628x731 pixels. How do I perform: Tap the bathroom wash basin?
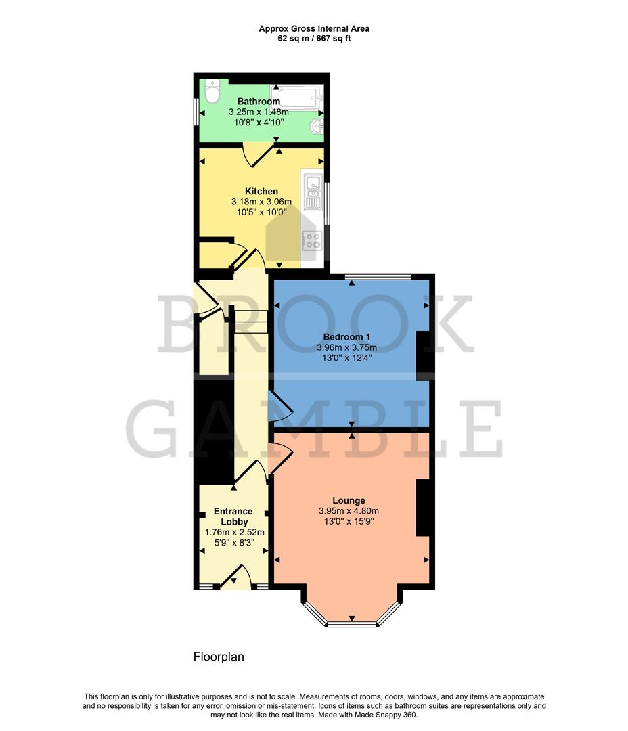(x=316, y=126)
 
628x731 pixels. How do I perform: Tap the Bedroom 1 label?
(x=346, y=337)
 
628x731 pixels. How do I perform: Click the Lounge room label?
(x=349, y=501)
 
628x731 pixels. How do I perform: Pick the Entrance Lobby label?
(x=233, y=516)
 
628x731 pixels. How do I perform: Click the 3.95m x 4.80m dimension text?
(x=349, y=511)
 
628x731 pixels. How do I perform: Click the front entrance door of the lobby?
(x=238, y=577)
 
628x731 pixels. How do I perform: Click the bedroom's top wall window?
(x=377, y=276)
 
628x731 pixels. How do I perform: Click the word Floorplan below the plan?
(x=219, y=657)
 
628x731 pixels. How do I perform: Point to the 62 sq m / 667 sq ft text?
(x=314, y=39)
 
